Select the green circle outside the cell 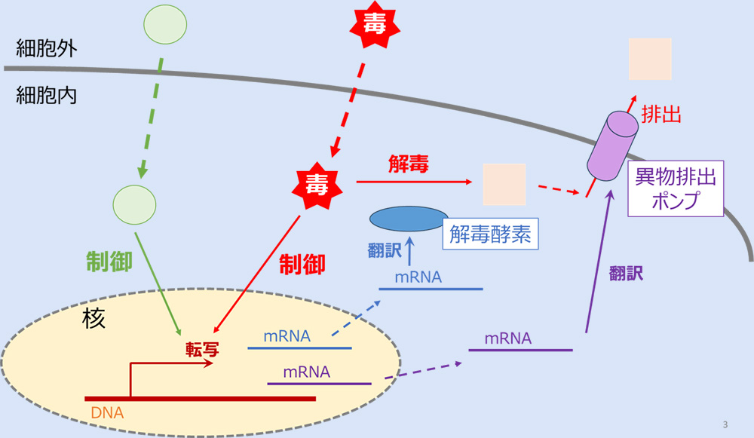click(x=165, y=25)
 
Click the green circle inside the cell click(x=134, y=203)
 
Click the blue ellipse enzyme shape click(x=408, y=219)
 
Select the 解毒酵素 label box click(x=491, y=234)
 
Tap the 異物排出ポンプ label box click(x=676, y=188)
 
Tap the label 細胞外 click(x=47, y=49)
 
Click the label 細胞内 click(x=47, y=96)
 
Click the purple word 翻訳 click(x=626, y=274)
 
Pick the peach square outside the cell click(x=650, y=59)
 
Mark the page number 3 click(x=725, y=424)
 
